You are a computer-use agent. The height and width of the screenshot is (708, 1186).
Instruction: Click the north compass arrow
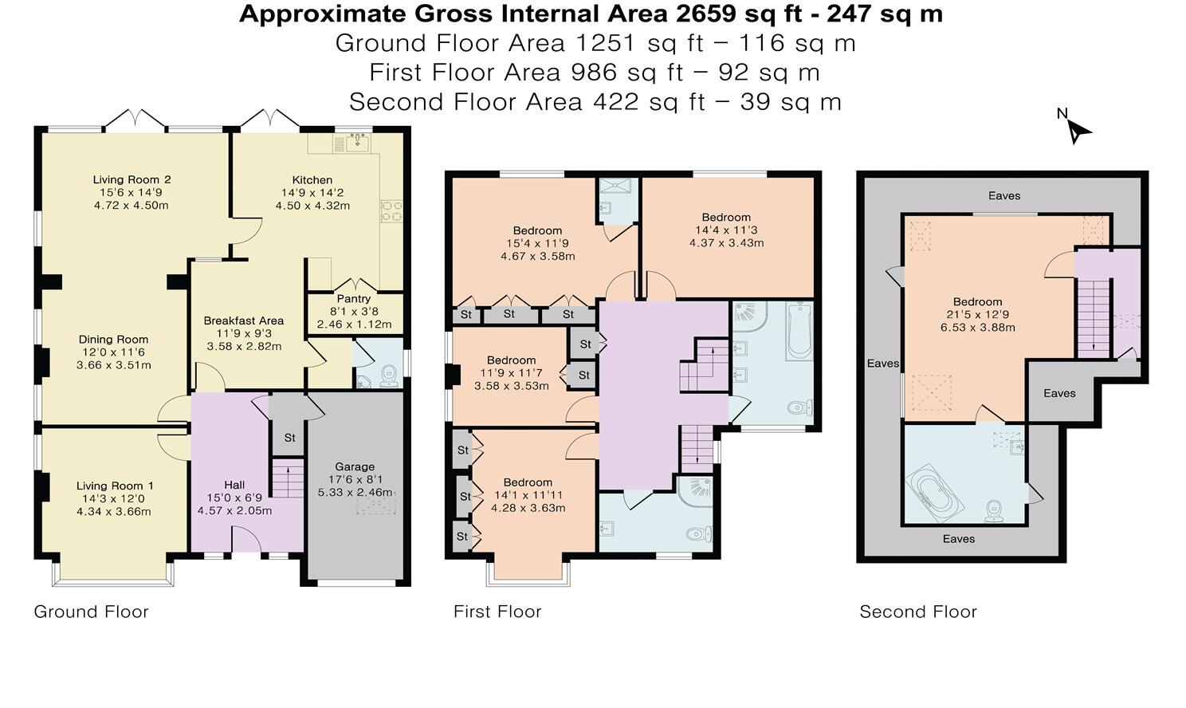click(1078, 132)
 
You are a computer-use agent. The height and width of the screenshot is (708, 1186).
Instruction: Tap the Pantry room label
click(354, 299)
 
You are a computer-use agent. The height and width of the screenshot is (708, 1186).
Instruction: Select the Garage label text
click(355, 466)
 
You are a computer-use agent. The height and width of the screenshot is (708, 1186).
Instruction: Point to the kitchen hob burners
click(391, 210)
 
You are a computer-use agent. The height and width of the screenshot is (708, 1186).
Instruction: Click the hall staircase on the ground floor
click(288, 478)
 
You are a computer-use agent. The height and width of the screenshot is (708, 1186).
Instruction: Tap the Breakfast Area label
click(244, 321)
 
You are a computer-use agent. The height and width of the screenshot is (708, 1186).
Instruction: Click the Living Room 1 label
click(115, 486)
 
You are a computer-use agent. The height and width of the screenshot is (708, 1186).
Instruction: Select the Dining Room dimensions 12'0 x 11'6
click(113, 352)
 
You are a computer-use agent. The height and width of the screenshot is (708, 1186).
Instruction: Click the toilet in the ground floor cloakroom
click(389, 375)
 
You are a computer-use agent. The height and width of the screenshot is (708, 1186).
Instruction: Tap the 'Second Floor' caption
click(918, 612)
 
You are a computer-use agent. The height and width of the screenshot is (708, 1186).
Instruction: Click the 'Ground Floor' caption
click(91, 612)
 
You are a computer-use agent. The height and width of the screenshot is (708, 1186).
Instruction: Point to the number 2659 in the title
click(705, 14)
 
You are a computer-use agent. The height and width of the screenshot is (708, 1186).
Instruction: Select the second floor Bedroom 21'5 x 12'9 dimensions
click(977, 315)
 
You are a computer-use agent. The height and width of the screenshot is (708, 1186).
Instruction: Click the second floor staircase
click(1094, 318)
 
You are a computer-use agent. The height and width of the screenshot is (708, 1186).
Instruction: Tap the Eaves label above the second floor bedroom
click(1004, 196)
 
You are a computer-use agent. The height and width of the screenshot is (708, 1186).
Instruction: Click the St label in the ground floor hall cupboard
click(289, 438)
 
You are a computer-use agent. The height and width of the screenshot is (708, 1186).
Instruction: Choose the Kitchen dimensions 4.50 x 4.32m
click(312, 206)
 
